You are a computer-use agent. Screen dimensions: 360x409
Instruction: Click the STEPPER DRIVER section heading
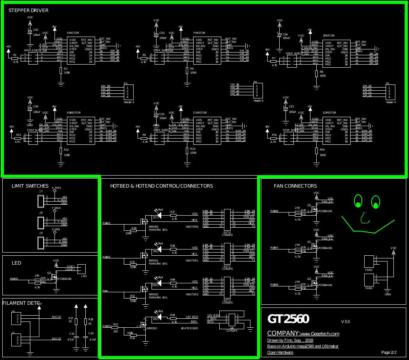point(28,10)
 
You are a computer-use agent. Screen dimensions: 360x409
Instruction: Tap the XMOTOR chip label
point(74,33)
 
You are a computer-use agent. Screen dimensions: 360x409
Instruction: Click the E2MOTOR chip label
point(330,112)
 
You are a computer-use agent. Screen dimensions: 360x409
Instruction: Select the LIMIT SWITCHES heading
point(30,186)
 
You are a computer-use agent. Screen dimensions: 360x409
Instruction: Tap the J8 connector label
point(41,213)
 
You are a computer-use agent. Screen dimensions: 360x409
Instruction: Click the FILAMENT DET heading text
point(21,303)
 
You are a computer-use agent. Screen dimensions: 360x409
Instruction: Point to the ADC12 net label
point(56,317)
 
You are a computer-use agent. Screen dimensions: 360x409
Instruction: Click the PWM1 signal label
point(106,223)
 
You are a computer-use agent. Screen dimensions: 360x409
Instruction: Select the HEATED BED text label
point(189,328)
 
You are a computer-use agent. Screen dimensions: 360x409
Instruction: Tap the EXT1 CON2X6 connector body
point(227,252)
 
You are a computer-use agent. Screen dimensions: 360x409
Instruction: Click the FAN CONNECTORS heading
point(295,186)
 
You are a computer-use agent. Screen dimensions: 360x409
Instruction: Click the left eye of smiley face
point(358,201)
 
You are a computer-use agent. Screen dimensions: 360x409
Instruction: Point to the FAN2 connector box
point(368,279)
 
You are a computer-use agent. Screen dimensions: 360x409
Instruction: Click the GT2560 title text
point(288,319)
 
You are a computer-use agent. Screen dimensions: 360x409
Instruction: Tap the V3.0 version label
point(346,321)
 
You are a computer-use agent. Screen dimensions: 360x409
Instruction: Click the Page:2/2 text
point(389,352)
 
